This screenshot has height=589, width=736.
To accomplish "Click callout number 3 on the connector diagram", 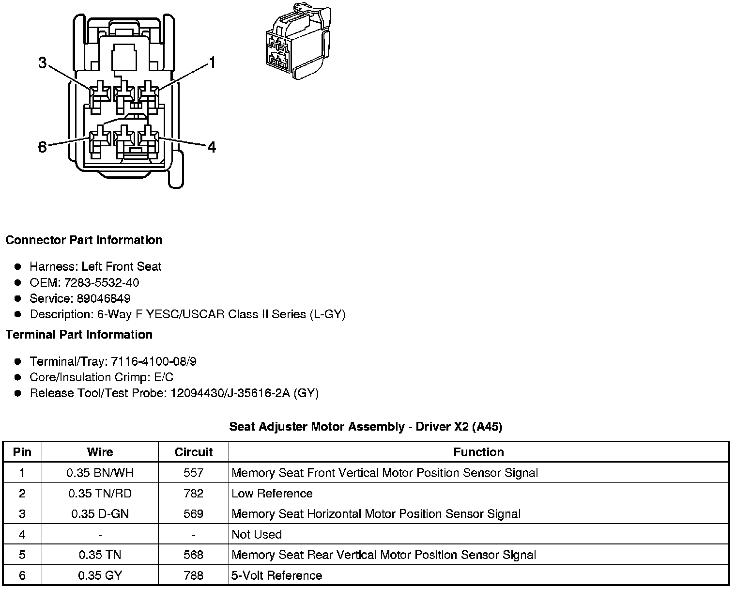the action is (43, 62).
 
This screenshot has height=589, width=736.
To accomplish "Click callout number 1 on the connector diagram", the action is (212, 62).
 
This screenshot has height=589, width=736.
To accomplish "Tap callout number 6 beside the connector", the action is (43, 147).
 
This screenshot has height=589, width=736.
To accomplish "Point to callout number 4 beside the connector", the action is (212, 147).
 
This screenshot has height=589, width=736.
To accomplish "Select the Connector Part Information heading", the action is (84, 240).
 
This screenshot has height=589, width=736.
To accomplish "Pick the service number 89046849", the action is (103, 298).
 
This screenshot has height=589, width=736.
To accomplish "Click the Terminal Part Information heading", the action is (79, 335).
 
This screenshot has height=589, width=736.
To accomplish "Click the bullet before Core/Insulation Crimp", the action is (18, 377).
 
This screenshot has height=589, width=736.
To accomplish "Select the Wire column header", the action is (100, 452).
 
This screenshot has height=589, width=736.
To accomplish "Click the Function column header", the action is (478, 452).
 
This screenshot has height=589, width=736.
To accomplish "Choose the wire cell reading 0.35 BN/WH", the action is (100, 473).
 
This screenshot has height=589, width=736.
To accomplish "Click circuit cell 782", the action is (193, 494).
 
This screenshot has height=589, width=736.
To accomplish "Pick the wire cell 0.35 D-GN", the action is (100, 514).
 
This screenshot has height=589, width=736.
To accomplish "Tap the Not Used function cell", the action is (257, 534).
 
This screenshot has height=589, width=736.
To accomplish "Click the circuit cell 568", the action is (193, 555).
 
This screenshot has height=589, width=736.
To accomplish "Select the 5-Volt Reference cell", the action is (276, 575).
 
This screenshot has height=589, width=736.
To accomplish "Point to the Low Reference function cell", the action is (272, 494).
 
